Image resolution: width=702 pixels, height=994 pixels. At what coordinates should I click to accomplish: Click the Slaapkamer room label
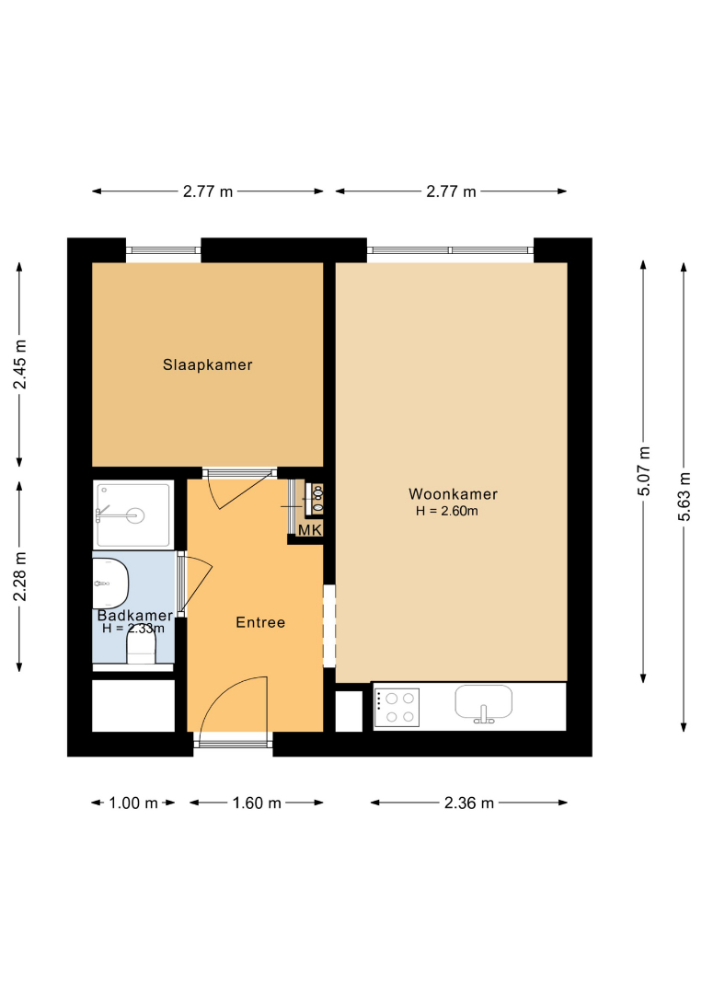(x=207, y=364)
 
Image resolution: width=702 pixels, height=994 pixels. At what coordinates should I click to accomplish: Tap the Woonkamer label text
(x=453, y=494)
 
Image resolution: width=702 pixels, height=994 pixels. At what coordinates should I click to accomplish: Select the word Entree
(x=260, y=622)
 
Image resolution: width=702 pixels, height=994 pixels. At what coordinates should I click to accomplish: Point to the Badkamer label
(x=135, y=615)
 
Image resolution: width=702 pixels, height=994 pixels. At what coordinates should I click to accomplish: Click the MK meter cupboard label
(x=310, y=530)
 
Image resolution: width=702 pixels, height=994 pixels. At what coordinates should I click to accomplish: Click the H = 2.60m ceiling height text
(x=446, y=511)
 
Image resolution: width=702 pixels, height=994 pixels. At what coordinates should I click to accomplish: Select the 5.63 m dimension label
(x=684, y=496)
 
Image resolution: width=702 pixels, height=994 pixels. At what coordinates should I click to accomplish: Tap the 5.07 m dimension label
(x=644, y=471)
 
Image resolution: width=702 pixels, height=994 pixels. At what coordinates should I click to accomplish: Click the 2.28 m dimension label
(x=20, y=576)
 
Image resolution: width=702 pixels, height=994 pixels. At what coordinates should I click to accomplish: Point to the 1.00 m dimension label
(x=133, y=803)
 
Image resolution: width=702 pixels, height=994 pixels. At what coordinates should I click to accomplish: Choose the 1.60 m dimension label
(x=257, y=803)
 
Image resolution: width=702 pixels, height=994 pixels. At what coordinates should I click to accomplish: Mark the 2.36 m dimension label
(x=469, y=803)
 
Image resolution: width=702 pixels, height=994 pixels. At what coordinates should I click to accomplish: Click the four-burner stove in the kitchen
(x=397, y=708)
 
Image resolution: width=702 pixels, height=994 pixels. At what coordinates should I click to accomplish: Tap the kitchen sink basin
(x=483, y=702)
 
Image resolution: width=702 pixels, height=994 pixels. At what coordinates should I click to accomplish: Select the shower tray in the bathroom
(x=133, y=514)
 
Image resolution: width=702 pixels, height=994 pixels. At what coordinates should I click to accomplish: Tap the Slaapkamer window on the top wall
(x=164, y=249)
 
